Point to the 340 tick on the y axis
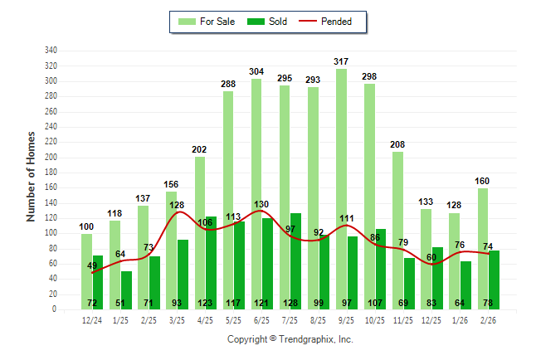point(51,51)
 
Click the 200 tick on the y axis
point(51,158)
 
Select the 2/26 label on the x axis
point(488,319)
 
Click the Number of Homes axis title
point(31,176)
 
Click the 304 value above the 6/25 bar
point(256,71)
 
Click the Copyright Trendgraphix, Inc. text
point(290,339)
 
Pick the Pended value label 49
point(93,265)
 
